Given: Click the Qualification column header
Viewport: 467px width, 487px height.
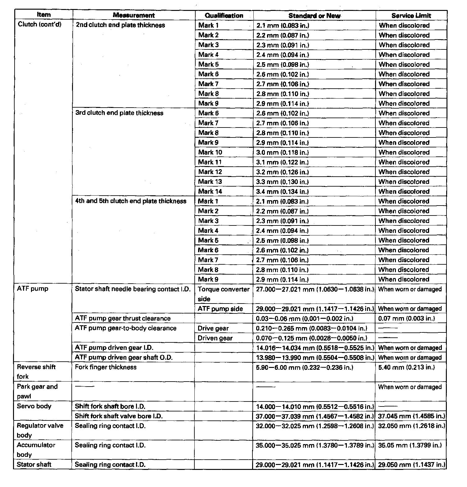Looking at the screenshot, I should coord(224,16).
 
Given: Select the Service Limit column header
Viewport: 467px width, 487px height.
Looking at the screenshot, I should coord(411,16).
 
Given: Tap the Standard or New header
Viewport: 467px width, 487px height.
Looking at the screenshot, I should coord(314,16).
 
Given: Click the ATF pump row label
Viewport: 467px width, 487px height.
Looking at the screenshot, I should coord(33,289).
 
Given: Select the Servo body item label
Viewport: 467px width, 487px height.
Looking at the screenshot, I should coord(34,406).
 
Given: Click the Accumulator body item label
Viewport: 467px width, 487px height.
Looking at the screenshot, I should coord(36,450).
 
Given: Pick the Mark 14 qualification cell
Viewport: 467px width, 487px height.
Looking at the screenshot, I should coord(210,191).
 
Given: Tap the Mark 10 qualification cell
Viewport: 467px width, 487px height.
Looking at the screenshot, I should coord(210,152).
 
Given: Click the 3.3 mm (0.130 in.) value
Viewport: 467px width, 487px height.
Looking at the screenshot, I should coord(282,182).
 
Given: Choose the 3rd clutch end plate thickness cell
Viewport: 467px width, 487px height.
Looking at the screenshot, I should coord(119,113).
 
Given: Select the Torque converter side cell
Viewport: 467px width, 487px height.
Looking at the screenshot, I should coord(224,294).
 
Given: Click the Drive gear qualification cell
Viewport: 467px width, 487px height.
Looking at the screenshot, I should coord(213,328).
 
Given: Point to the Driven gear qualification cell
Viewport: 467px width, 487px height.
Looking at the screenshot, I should coord(215,338).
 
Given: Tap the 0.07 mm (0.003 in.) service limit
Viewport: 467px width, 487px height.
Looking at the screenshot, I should coord(406,318).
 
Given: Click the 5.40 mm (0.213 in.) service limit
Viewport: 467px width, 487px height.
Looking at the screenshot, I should coord(406,367).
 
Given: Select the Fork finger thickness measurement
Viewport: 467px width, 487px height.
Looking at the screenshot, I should coord(106,367).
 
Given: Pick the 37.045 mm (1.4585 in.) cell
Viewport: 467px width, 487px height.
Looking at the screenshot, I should coord(411,416).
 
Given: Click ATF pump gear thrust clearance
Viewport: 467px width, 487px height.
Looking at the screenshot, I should coord(123,318).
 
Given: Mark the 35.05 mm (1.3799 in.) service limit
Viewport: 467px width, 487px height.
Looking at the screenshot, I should coord(410,445).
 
